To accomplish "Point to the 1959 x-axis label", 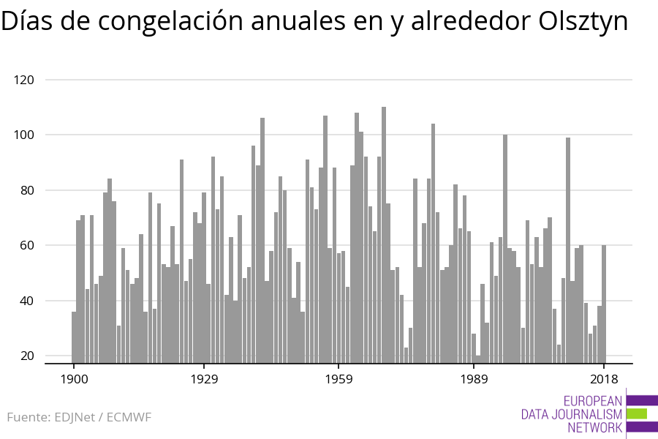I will (x=339, y=379).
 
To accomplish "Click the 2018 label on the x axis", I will (x=604, y=379).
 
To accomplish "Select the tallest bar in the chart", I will (x=384, y=234).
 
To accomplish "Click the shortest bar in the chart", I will (x=478, y=359).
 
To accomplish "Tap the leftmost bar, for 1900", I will (x=74, y=337).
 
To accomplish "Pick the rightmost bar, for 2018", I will (x=604, y=304).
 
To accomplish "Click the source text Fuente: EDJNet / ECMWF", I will (x=79, y=418).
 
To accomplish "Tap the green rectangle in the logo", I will (x=637, y=413).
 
